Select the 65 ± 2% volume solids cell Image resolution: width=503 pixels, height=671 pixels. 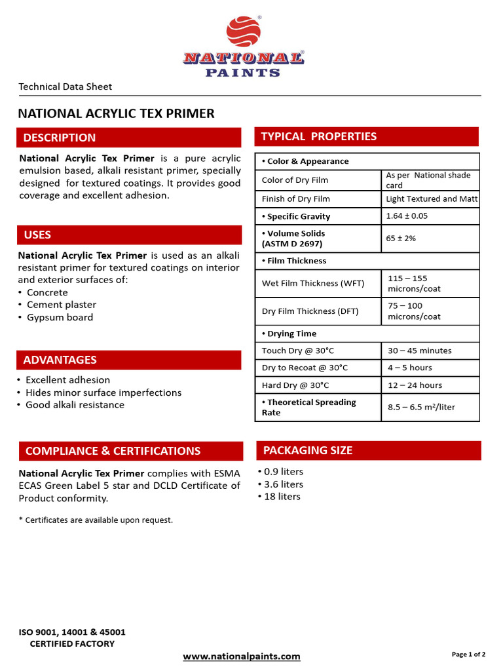click(x=401, y=238)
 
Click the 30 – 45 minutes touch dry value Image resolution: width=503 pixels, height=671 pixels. click(x=419, y=351)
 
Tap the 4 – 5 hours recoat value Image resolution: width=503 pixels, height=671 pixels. click(x=410, y=368)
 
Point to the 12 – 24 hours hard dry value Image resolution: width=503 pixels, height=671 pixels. click(x=415, y=385)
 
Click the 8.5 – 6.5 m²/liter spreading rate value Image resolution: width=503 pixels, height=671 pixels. click(x=421, y=407)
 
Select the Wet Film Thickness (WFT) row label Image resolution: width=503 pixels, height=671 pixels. click(x=313, y=283)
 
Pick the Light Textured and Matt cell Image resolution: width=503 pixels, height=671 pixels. click(x=432, y=199)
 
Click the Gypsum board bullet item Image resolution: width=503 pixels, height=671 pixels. click(x=60, y=317)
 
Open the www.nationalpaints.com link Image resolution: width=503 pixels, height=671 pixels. click(x=242, y=656)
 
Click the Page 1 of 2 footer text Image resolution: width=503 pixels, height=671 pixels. click(x=468, y=654)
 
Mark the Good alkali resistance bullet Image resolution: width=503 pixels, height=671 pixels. click(x=75, y=404)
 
